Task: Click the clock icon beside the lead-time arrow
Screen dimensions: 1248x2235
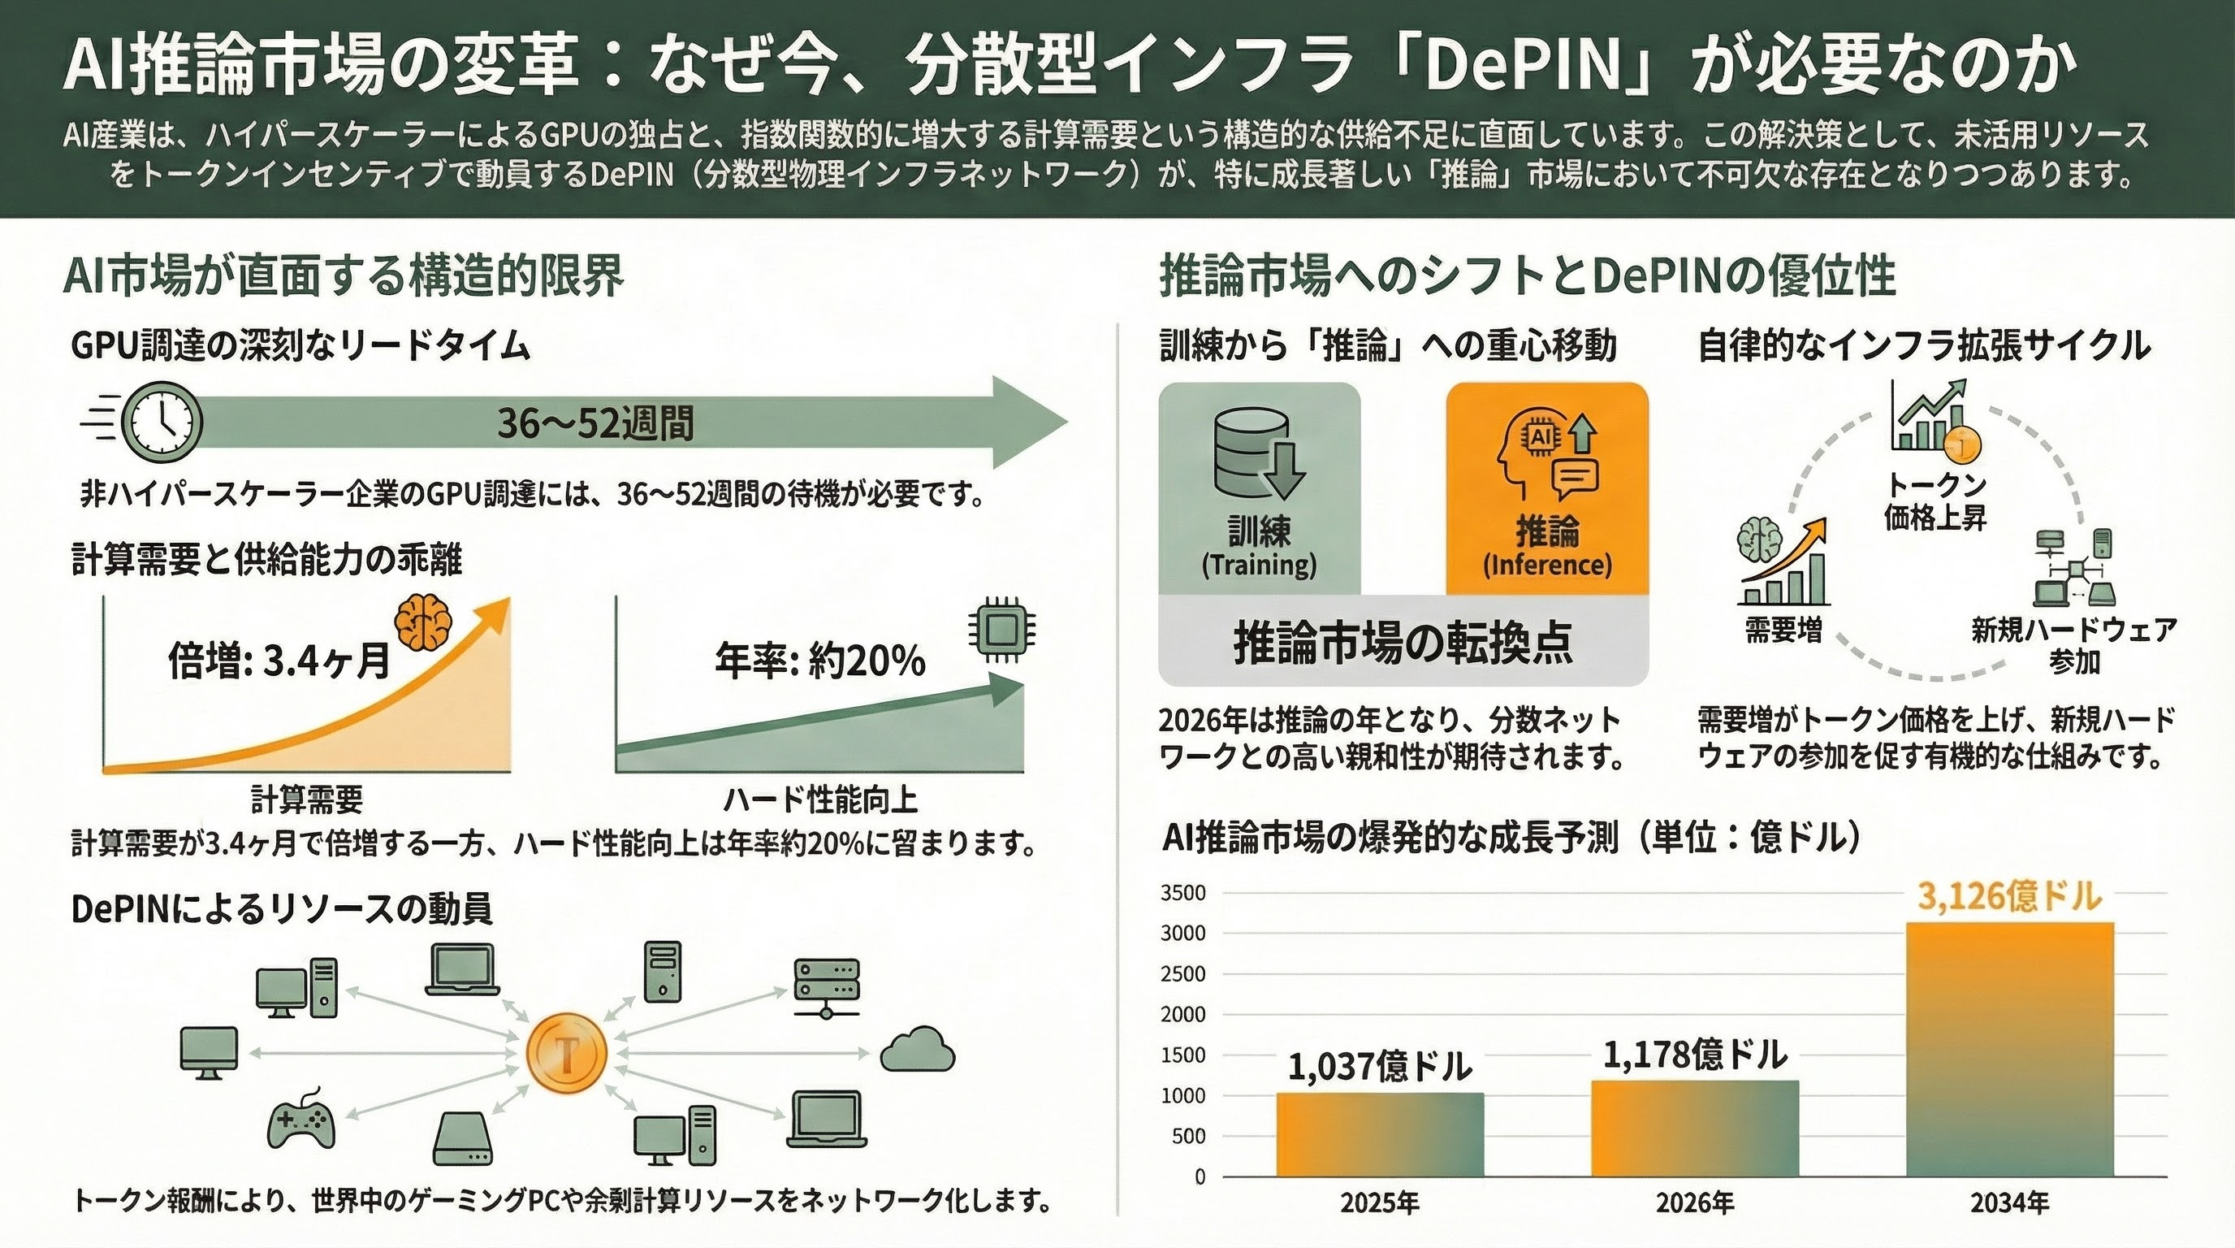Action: pos(162,422)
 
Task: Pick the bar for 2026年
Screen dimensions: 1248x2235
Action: pos(1694,1128)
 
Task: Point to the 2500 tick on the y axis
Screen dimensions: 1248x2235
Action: pos(1183,973)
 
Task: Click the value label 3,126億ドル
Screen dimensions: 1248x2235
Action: pos(2008,895)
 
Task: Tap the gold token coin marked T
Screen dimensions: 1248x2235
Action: pos(567,1053)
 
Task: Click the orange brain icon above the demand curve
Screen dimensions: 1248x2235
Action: pos(422,621)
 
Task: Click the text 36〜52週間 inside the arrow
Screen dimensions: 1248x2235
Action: pos(595,423)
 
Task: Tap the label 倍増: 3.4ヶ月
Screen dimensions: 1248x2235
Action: pos(279,661)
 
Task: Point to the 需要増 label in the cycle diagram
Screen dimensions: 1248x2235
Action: pos(1783,629)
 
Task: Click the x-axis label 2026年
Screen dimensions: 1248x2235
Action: pos(1694,1202)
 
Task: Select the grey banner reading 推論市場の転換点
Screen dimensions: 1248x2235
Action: pos(1403,642)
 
